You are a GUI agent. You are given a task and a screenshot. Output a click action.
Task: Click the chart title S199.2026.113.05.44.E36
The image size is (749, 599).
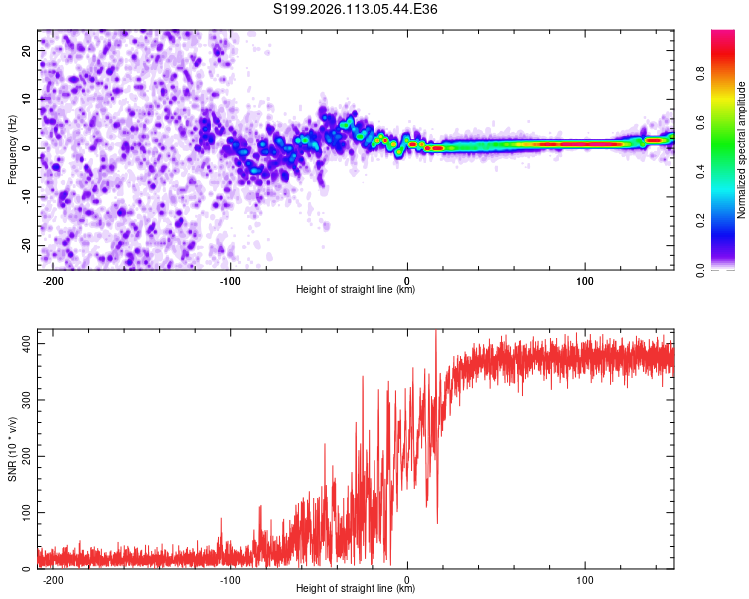coord(356,9)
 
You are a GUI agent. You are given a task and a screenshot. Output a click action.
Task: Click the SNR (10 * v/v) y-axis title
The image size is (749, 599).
coord(12,449)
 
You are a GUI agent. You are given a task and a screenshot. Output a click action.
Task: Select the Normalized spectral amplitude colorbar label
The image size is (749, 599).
coord(741,150)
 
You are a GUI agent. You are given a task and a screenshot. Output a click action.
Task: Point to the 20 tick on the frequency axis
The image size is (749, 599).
coord(27,50)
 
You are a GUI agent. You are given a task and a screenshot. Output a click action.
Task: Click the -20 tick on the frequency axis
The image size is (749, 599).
coord(25,245)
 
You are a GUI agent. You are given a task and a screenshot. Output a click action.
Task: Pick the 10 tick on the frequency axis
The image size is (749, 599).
coord(27,99)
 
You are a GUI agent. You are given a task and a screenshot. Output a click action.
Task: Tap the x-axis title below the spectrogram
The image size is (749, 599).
coord(356,291)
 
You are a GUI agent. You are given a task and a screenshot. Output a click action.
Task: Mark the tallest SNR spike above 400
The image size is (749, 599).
coord(435,333)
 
